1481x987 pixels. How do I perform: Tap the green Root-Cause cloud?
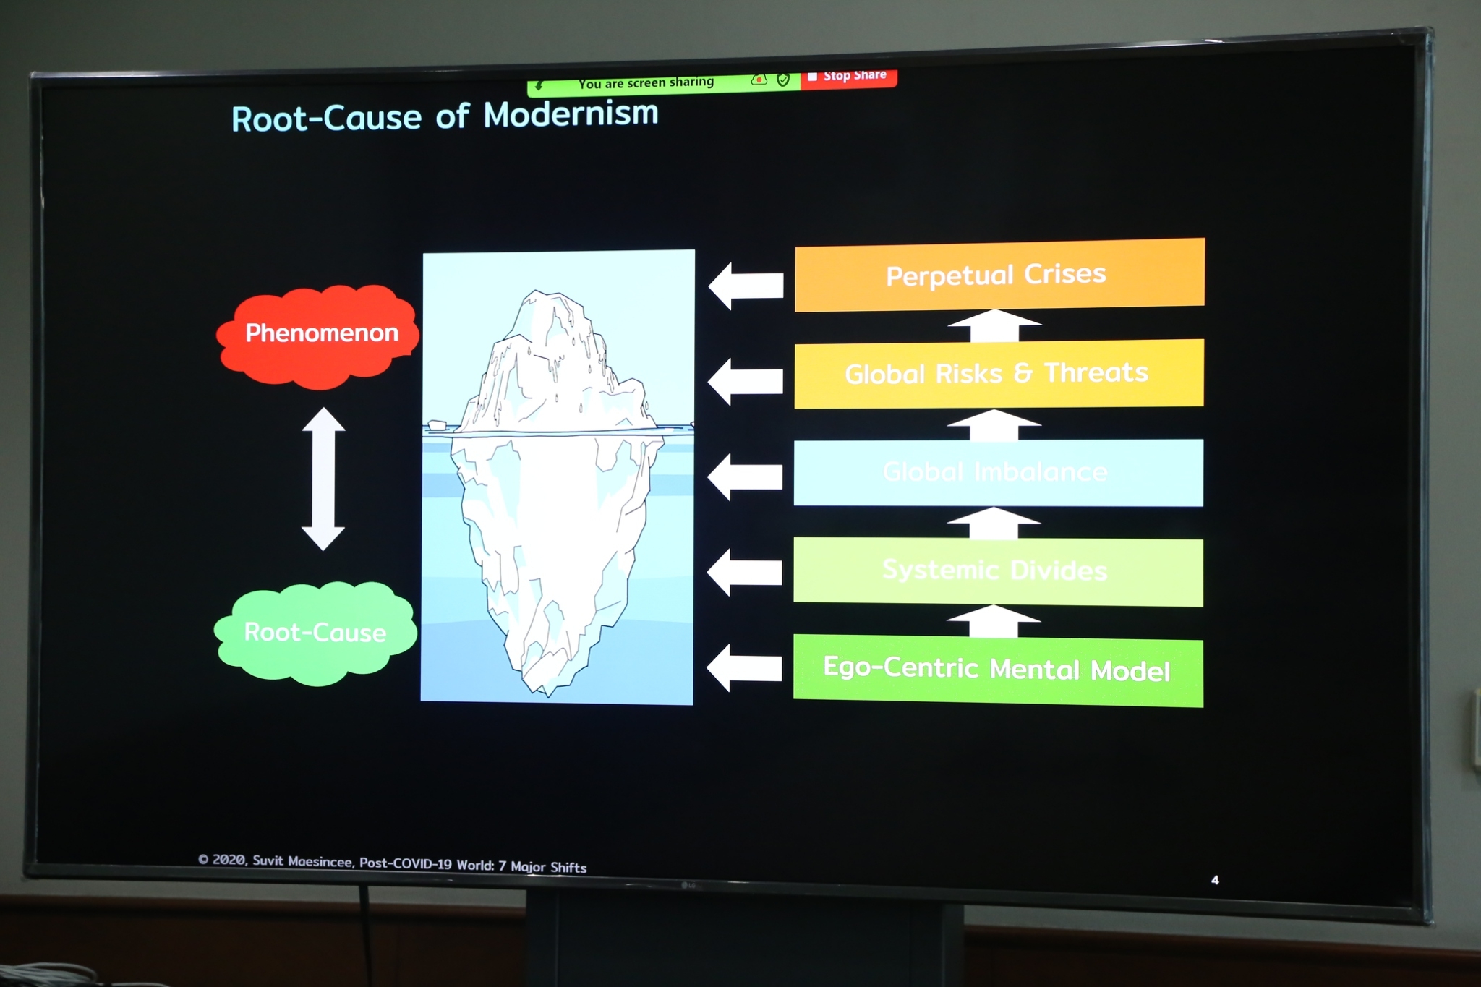(316, 633)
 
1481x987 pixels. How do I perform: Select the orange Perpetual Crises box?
(999, 275)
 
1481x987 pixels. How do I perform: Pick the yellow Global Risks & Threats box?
(999, 373)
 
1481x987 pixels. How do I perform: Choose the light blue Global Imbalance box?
(998, 472)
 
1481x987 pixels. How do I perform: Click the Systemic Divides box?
(998, 571)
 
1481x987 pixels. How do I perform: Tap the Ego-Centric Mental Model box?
(998, 670)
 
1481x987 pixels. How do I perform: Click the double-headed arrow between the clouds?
(323, 479)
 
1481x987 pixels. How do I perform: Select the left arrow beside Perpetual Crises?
(746, 286)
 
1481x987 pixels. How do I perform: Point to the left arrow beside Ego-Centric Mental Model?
(744, 667)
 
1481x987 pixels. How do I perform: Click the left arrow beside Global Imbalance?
(745, 477)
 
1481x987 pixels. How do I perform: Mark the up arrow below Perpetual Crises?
(994, 325)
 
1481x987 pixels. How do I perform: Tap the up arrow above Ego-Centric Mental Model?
(994, 621)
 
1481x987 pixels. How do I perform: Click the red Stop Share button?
(848, 77)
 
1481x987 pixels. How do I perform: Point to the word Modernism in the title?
(571, 114)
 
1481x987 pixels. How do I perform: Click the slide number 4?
(1215, 880)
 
